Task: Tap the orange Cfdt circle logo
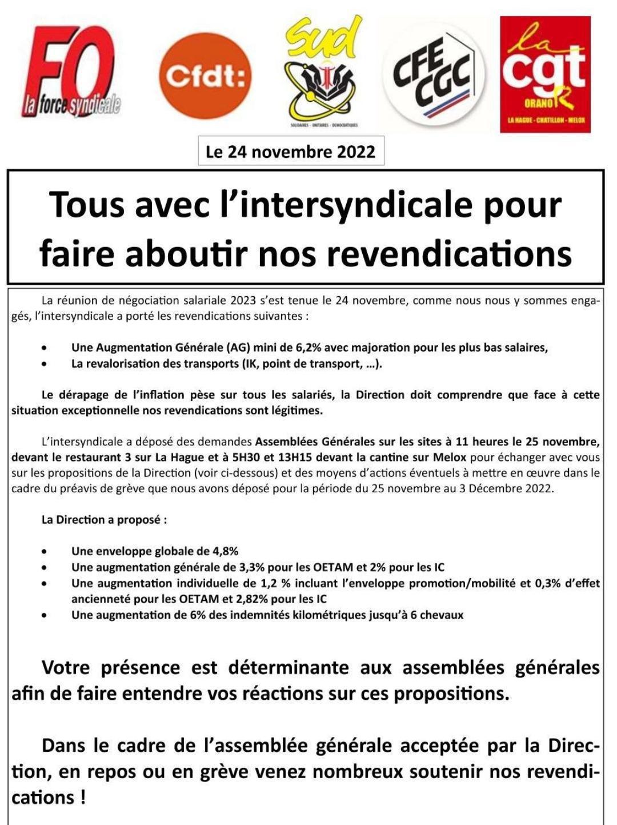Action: (x=205, y=76)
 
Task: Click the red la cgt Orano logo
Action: (x=545, y=74)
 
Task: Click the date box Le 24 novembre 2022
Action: (x=291, y=152)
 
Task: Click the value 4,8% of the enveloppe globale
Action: (x=225, y=551)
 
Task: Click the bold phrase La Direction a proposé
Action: (x=104, y=520)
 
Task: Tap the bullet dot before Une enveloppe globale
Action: (x=45, y=552)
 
